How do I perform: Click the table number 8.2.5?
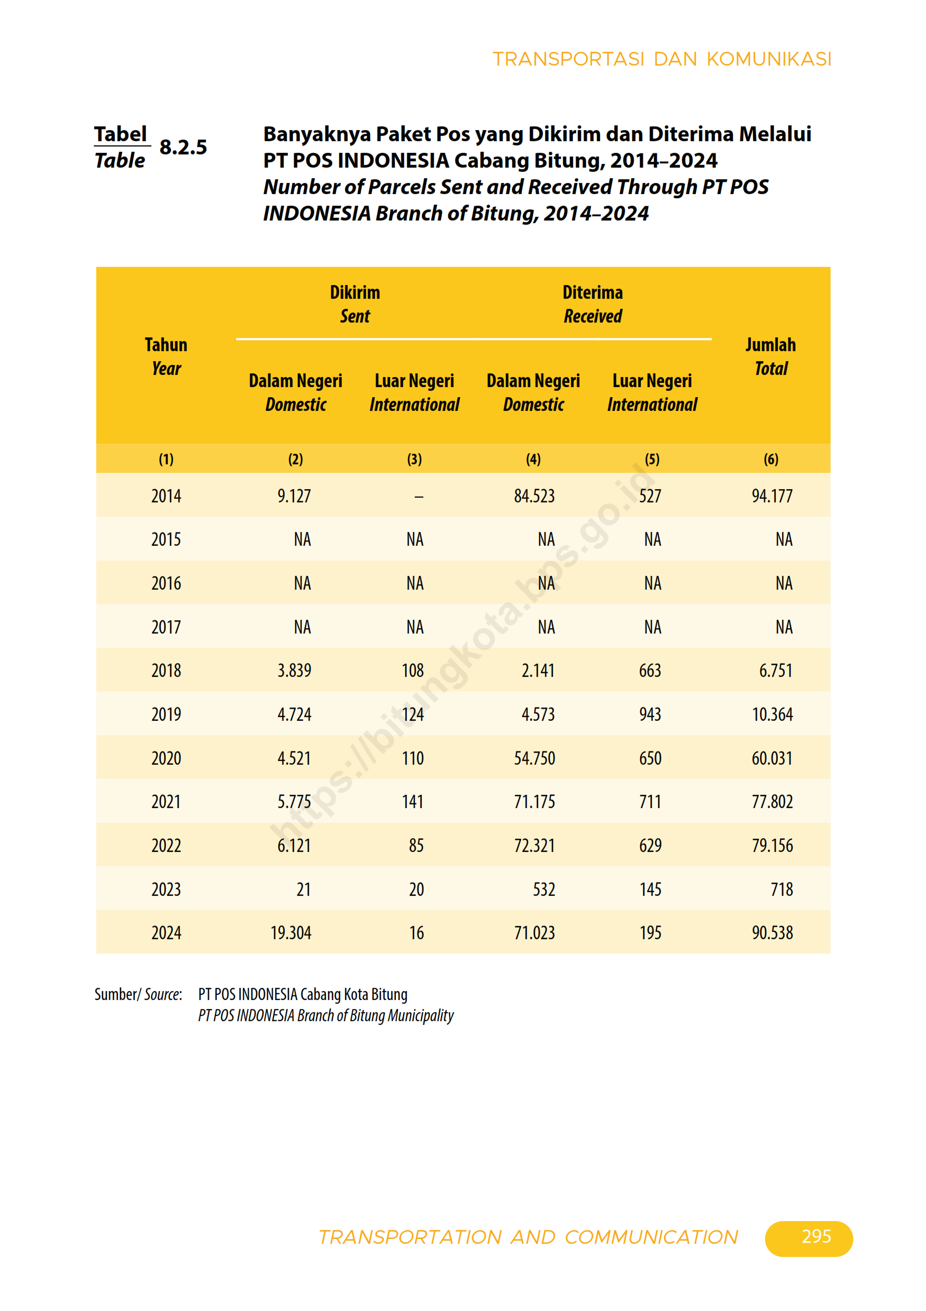183,148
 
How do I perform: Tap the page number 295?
816,1236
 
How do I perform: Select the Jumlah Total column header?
770,356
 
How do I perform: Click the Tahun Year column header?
166,356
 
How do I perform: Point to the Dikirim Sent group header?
355,304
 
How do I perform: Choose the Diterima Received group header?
593,304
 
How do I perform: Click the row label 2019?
166,714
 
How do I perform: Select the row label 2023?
166,889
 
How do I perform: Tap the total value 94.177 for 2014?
772,496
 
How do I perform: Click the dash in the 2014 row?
419,497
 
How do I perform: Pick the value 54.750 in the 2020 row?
534,758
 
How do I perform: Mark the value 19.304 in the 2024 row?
291,933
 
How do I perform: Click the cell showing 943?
650,714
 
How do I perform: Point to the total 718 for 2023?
782,889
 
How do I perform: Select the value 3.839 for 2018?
294,671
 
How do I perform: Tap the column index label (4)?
533,459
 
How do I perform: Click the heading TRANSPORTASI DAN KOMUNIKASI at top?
661,59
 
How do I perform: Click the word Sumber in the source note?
116,995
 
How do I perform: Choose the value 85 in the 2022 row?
416,846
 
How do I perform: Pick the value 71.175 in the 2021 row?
534,802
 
